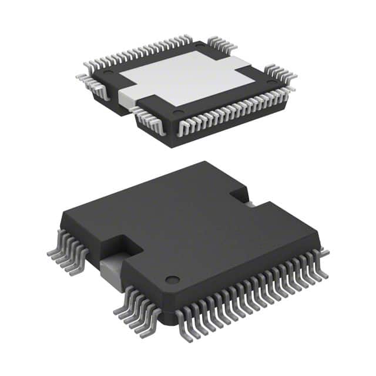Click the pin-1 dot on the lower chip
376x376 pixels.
click(x=171, y=278)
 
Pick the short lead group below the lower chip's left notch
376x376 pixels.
click(x=135, y=305)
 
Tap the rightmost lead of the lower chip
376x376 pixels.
click(x=323, y=253)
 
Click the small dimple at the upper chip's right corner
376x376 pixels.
click(x=270, y=82)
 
